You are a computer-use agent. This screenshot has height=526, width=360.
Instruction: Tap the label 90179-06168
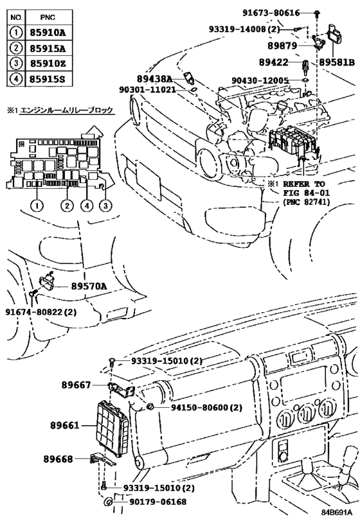(150, 501)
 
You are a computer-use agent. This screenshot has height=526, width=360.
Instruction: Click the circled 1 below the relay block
(37, 206)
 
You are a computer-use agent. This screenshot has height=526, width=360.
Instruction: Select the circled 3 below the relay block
(104, 206)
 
